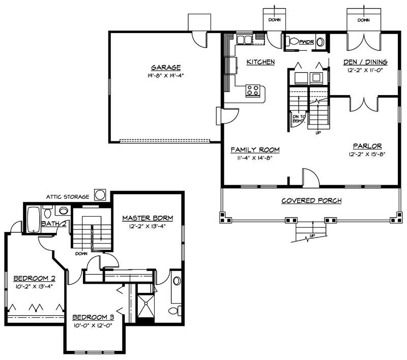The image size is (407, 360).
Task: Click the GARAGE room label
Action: (166, 68)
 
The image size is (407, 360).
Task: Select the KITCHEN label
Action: (260, 62)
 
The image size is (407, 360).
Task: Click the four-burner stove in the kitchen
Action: (253, 91)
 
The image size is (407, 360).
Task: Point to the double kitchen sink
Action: (244, 40)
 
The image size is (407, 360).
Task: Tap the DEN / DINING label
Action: (365, 62)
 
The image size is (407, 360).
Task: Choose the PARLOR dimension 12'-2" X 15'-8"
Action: (367, 154)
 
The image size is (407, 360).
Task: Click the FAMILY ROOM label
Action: (255, 149)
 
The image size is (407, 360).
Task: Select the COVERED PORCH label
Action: (311, 200)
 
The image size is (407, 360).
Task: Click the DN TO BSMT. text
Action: (299, 119)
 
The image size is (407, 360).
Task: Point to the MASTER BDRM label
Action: (148, 218)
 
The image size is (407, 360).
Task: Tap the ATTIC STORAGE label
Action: (68, 197)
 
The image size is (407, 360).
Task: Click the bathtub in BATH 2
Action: (34, 220)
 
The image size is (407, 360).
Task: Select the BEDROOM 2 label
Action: (34, 278)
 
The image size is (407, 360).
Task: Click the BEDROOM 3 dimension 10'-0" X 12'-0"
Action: (93, 325)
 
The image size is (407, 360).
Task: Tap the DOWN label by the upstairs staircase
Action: (81, 253)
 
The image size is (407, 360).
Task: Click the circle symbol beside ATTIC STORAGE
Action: (100, 195)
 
